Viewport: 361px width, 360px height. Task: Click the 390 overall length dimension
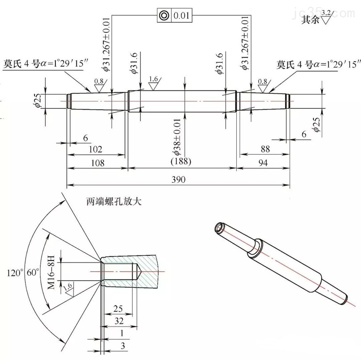click(179, 179)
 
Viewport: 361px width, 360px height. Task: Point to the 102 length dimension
click(96, 149)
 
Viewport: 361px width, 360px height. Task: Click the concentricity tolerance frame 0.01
click(175, 16)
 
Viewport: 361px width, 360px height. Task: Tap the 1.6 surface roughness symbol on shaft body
click(153, 81)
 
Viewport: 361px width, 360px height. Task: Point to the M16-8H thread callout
click(51, 270)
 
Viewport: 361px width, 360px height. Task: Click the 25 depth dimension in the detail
click(118, 309)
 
